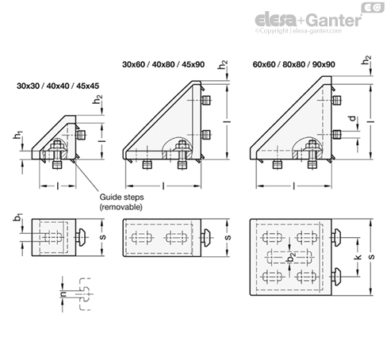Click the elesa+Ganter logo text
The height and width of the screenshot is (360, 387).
click(308, 20)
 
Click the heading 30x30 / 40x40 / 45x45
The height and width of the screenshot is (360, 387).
click(58, 86)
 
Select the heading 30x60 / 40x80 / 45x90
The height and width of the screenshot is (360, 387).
click(163, 64)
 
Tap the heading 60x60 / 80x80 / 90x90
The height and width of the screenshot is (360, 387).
click(293, 64)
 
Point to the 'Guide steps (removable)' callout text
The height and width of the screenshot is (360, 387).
click(121, 202)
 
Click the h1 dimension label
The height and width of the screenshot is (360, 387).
click(18, 136)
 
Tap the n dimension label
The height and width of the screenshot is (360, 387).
click(63, 293)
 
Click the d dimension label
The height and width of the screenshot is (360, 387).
click(353, 118)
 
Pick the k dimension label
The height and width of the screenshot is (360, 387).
click(358, 256)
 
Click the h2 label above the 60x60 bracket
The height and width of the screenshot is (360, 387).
click(366, 60)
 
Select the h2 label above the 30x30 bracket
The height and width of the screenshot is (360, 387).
click(98, 99)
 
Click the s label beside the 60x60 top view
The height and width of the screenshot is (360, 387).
click(371, 256)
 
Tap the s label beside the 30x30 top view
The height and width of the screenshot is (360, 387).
click(103, 236)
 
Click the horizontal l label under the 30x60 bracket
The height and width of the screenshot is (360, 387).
click(163, 186)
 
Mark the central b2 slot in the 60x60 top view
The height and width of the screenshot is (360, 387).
click(289, 257)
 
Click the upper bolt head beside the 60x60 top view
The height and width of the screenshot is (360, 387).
click(335, 237)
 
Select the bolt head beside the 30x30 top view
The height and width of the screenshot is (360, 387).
click(81, 237)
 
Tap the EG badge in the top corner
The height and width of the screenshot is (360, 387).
click(373, 7)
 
